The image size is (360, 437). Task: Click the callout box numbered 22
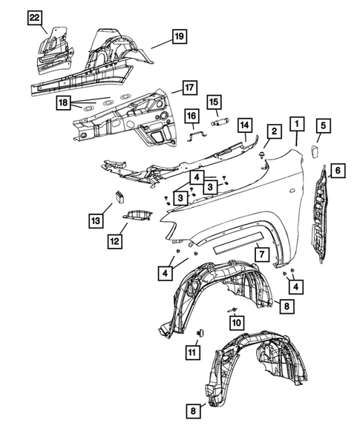pyautogui.click(x=35, y=18)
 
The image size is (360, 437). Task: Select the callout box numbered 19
pyautogui.click(x=178, y=36)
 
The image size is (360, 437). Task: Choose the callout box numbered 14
pyautogui.click(x=245, y=125)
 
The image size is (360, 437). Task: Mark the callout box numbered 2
pyautogui.click(x=274, y=132)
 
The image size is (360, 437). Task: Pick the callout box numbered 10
pyautogui.click(x=236, y=322)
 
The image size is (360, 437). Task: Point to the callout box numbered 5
pyautogui.click(x=323, y=125)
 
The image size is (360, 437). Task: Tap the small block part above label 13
pyautogui.click(x=118, y=197)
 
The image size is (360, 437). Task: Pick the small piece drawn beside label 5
pyautogui.click(x=313, y=151)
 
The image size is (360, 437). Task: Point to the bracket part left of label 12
pyautogui.click(x=138, y=215)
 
